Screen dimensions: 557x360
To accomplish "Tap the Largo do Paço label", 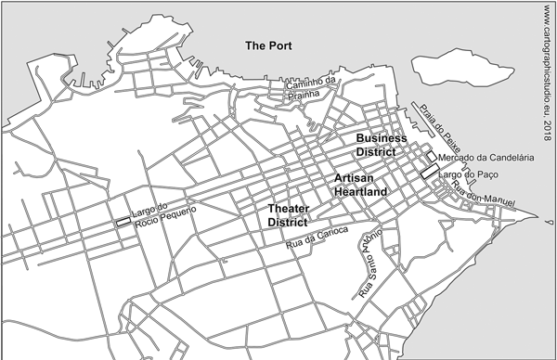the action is [x=467, y=174].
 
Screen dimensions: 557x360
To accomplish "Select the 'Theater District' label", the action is [x=288, y=215].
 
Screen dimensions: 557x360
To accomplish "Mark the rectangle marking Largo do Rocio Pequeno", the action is [x=123, y=222].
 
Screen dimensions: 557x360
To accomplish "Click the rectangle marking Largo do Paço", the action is [x=428, y=173].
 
